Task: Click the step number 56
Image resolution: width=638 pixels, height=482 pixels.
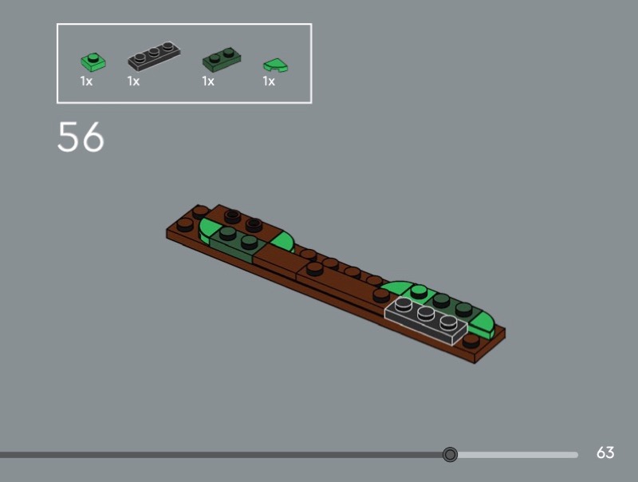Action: [81, 136]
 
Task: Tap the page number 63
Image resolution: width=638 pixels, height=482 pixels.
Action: [605, 452]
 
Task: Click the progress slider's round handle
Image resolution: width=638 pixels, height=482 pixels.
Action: [450, 454]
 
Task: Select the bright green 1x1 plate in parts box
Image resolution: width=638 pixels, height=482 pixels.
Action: [93, 61]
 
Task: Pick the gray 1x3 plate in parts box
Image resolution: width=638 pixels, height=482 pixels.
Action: [154, 55]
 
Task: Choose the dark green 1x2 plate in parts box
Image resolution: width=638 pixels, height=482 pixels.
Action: [222, 59]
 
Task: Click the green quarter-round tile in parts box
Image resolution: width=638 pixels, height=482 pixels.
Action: [276, 65]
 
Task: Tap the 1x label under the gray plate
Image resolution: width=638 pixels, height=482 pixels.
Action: [133, 81]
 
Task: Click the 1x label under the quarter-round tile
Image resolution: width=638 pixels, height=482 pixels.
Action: [269, 81]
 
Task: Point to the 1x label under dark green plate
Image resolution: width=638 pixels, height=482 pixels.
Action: [208, 81]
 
